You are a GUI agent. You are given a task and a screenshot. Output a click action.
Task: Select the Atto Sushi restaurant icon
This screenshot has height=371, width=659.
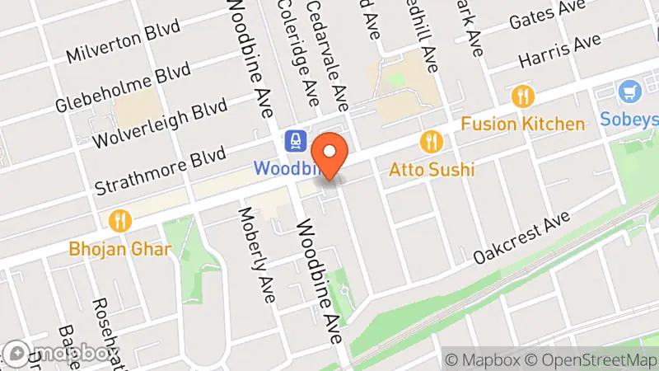[x=428, y=142]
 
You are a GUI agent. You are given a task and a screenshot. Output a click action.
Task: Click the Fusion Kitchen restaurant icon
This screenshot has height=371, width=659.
[x=521, y=97]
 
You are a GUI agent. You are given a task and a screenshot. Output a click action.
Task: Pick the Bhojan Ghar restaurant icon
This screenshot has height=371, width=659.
[x=121, y=220]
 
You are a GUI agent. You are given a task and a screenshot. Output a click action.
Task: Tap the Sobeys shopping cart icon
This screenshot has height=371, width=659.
[x=633, y=91]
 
